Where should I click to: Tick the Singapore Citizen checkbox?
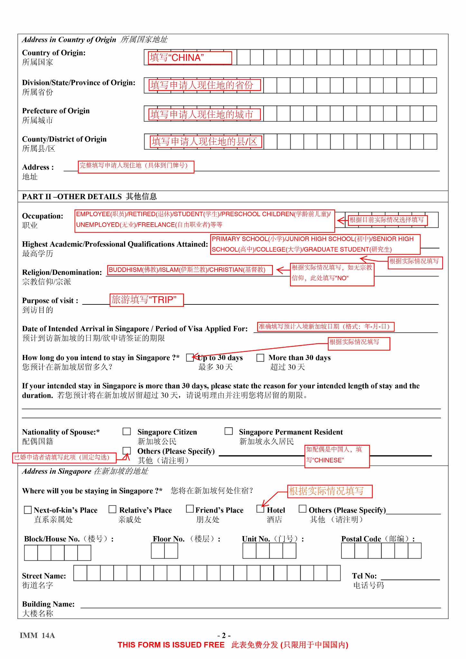[x=127, y=432]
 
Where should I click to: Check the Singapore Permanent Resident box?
[x=228, y=431]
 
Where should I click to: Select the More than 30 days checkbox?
[x=260, y=358]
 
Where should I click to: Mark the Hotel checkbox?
[x=260, y=509]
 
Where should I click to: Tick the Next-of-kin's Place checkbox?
[x=28, y=510]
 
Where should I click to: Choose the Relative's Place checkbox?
[x=112, y=509]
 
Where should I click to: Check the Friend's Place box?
[x=190, y=509]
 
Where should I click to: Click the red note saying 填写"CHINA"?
[x=190, y=58]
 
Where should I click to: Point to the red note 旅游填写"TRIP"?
[x=146, y=300]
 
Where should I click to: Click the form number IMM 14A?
[x=37, y=635]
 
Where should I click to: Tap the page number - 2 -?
[x=224, y=635]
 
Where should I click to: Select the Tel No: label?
[x=364, y=576]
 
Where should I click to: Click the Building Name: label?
[x=48, y=604]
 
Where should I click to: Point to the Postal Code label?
[x=361, y=539]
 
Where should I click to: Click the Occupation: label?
[x=42, y=216]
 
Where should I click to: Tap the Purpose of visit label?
[x=50, y=301]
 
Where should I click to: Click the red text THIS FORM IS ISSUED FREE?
[x=171, y=645]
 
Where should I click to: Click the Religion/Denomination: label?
[x=62, y=272]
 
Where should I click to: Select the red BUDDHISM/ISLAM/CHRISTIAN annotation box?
[x=190, y=270]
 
